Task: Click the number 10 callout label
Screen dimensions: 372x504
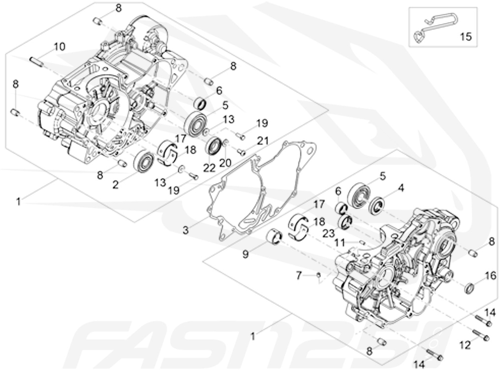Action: (59, 47)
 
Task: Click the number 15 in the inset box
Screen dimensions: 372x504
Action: (465, 36)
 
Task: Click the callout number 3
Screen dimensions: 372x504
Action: (185, 230)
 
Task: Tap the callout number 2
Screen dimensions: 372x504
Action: (117, 184)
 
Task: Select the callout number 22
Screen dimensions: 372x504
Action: (209, 168)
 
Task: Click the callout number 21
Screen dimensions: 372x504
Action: (263, 141)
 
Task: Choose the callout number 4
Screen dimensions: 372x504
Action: (401, 188)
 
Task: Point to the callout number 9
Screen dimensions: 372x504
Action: (245, 255)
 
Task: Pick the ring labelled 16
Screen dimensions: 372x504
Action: (470, 287)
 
